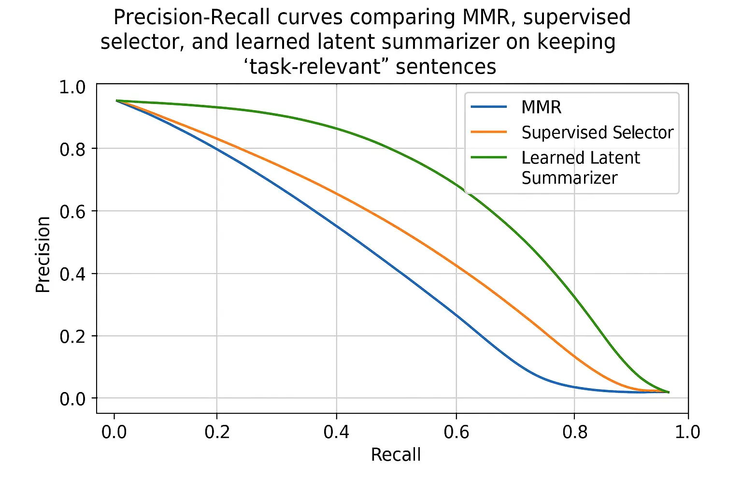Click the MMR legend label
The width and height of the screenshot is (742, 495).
coord(541,107)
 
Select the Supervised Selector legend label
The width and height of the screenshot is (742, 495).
coord(597,132)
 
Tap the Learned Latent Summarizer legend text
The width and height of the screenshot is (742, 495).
coord(580,168)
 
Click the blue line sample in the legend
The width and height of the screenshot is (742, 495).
coord(489,107)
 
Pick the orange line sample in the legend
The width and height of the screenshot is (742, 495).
coord(489,132)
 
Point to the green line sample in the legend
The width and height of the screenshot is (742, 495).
coord(489,158)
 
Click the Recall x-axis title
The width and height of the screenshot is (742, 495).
coord(396,455)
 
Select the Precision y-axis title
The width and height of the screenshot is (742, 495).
coord(43,254)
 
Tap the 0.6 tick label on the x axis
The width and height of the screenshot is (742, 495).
coord(456,432)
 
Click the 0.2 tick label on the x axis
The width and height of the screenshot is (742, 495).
coord(217,432)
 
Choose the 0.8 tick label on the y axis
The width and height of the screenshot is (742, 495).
coord(72,149)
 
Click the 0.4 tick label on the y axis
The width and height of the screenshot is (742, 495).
coord(72,274)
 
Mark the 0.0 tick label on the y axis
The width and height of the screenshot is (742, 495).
coord(72,399)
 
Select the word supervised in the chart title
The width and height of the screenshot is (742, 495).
coord(577,17)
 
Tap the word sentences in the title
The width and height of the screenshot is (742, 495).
coord(446,66)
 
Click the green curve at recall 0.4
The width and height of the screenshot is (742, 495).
coord(337,129)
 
